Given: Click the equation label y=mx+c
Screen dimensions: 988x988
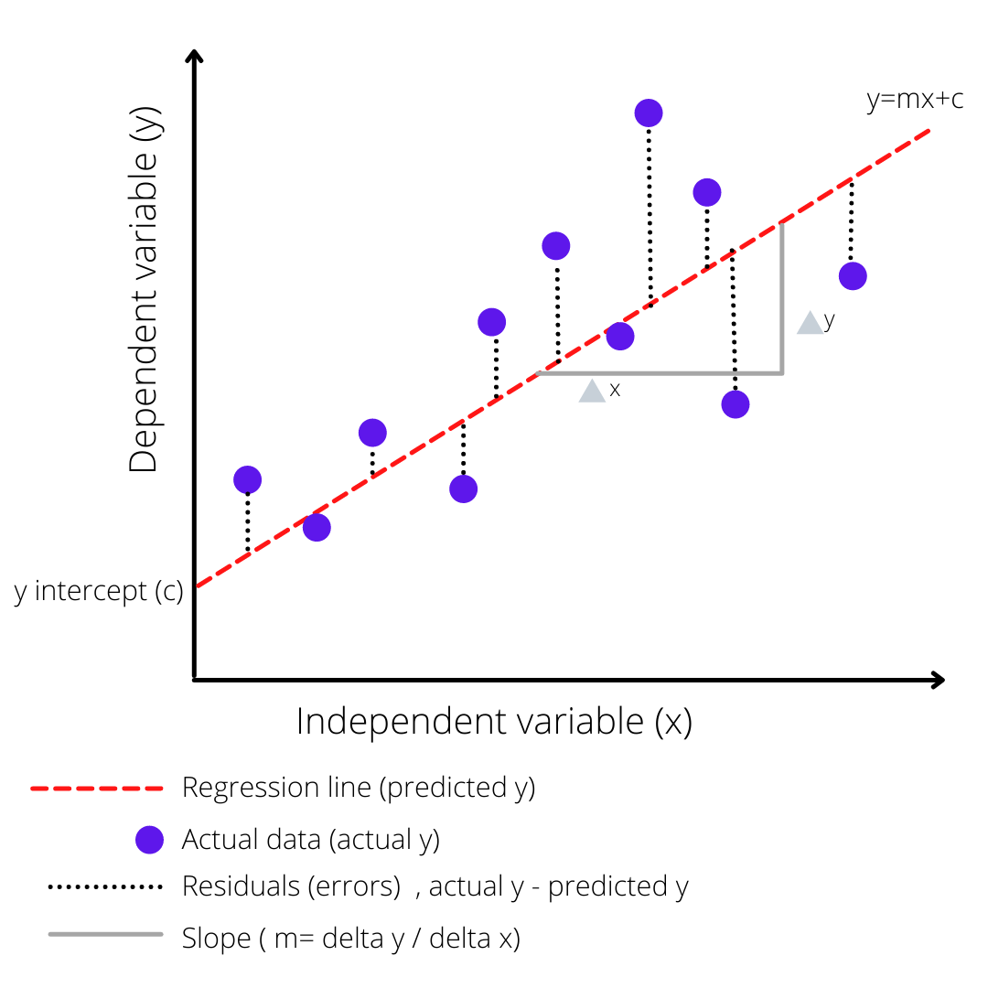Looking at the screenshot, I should (915, 99).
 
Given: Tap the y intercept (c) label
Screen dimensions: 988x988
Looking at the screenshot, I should (99, 591).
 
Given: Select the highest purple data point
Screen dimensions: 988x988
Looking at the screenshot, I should (649, 113).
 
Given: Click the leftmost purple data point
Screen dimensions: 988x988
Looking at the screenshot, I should (247, 479).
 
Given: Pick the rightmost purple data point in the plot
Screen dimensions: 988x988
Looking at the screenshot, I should (853, 275).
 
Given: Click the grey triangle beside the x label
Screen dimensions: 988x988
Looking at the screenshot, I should (592, 392).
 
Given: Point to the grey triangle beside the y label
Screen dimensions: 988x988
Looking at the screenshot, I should (810, 323).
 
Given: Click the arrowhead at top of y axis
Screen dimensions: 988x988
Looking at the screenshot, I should (193, 57).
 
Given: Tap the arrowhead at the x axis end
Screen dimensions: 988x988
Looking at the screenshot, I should (937, 680).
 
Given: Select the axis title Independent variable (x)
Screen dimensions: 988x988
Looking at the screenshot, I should (494, 722).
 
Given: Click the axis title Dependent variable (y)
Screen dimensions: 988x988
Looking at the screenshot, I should (144, 289).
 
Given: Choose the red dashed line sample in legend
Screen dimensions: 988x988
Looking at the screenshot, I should (97, 788).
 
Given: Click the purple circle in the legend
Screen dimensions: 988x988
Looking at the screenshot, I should (148, 839).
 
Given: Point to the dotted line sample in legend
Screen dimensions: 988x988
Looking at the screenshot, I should (104, 886).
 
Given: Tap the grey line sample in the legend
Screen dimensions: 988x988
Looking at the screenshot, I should (105, 935).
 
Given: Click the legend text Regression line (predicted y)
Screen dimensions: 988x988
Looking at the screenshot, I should (358, 787).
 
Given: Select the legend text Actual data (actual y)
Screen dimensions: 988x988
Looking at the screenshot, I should (311, 838).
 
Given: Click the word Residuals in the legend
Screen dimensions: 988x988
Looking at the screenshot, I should (241, 886).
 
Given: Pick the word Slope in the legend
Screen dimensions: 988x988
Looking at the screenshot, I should (216, 938).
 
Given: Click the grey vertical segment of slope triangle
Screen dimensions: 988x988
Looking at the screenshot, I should (782, 297).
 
